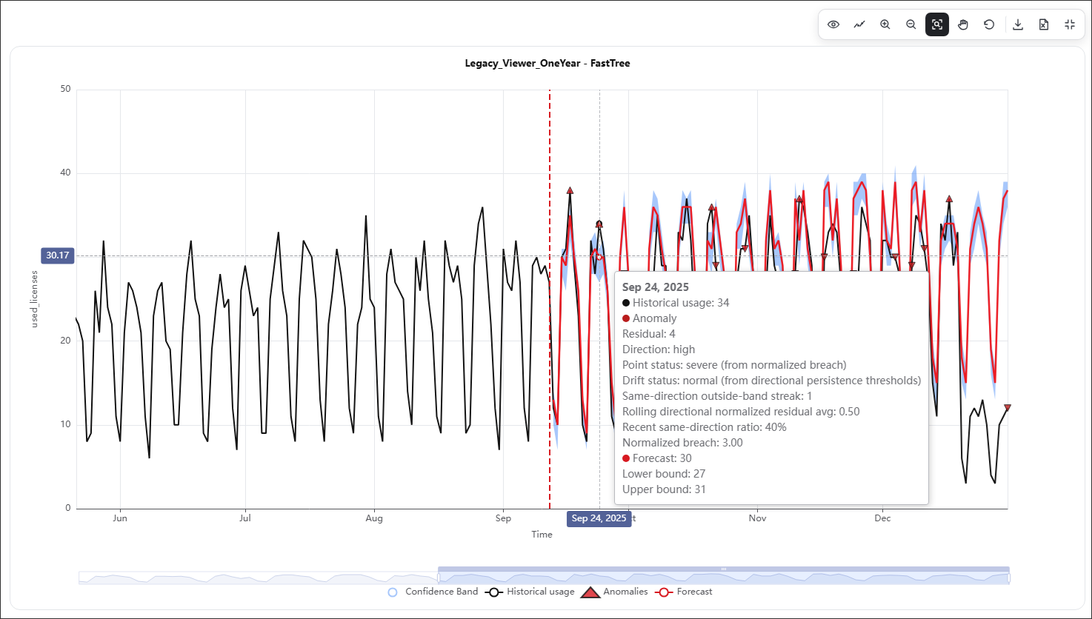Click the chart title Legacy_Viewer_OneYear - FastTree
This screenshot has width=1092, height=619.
pos(547,64)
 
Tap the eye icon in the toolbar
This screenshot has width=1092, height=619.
pos(833,24)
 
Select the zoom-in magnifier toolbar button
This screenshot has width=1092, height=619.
pos(885,24)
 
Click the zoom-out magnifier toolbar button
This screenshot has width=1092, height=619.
pos(910,24)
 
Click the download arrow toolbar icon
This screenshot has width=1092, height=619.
pos(1017,24)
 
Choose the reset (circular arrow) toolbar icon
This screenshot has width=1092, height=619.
pos(988,24)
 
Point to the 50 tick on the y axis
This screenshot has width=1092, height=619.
pos(65,89)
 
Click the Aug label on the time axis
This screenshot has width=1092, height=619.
pos(374,518)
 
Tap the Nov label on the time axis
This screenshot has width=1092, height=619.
pos(757,518)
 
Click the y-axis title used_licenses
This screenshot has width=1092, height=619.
pos(34,299)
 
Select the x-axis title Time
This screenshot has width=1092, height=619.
pos(542,534)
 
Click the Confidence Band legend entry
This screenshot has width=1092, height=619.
pos(433,592)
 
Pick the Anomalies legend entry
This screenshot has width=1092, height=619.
pos(614,592)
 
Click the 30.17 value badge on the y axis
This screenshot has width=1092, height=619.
pos(58,255)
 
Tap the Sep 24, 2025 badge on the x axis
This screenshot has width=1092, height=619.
pos(599,518)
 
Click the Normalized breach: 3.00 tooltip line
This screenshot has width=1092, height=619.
pos(682,443)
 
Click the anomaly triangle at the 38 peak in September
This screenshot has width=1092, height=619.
pos(570,190)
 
